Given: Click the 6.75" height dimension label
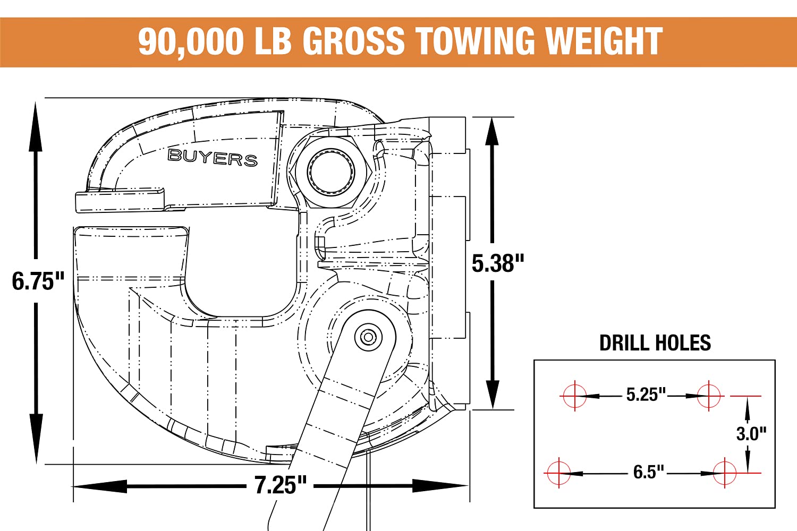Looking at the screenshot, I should [x=38, y=281].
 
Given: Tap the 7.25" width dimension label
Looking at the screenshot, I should [x=281, y=485].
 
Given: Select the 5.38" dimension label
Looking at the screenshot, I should [x=498, y=263].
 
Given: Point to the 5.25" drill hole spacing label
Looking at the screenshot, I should [x=646, y=395].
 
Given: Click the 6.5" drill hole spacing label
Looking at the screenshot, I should [x=648, y=472].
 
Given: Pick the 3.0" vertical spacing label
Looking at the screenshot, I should [x=751, y=434].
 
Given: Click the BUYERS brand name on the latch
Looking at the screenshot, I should [x=213, y=158].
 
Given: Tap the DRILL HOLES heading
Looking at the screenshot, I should [x=655, y=343].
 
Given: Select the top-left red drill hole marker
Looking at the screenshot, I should [x=574, y=396].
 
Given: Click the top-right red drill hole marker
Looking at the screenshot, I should [x=709, y=396].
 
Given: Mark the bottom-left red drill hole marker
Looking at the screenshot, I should [x=558, y=472].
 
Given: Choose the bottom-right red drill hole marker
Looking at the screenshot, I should [x=725, y=472].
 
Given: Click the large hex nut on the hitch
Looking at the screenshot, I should [x=332, y=172].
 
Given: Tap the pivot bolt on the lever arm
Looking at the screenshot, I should [x=368, y=337].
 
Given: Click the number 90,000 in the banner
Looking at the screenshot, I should [x=191, y=41].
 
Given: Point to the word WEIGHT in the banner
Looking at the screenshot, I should [x=604, y=41].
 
